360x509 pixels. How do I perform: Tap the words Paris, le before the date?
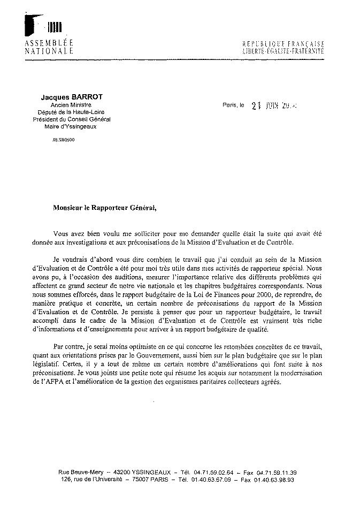(233, 105)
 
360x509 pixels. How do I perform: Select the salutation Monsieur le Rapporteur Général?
(106, 207)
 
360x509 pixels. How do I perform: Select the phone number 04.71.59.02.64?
(212, 472)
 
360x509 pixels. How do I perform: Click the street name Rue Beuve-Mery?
(81, 472)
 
